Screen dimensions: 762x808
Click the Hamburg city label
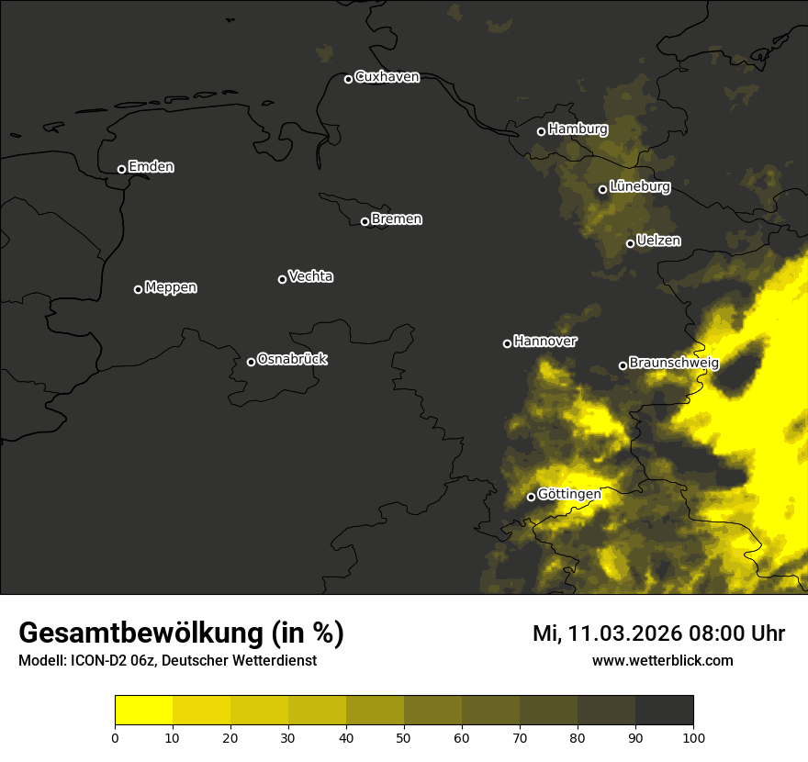click(578, 129)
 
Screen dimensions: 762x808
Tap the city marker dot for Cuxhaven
click(348, 79)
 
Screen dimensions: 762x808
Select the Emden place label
click(151, 167)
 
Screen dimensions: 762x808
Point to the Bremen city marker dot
click(365, 221)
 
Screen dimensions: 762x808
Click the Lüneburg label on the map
click(639, 186)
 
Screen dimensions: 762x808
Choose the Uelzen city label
click(658, 241)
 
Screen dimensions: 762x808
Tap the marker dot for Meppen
click(138, 289)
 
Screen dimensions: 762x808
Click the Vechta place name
click(310, 276)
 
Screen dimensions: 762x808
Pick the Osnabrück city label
click(292, 359)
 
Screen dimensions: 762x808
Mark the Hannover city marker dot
click(507, 343)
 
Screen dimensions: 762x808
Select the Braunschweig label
click(674, 363)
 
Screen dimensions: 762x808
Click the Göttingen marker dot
click(531, 498)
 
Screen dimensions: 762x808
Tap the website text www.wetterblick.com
click(663, 660)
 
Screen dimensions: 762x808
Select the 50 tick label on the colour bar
click(404, 737)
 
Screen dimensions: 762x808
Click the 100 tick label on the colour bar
click(693, 737)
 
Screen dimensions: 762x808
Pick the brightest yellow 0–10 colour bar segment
click(143, 710)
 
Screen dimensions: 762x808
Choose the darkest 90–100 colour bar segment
click(664, 710)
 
